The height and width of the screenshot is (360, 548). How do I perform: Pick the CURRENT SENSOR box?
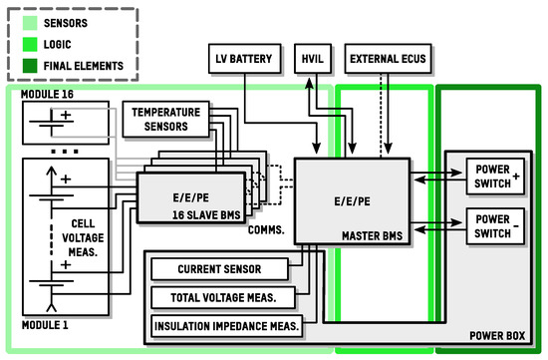coord(218,270)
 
